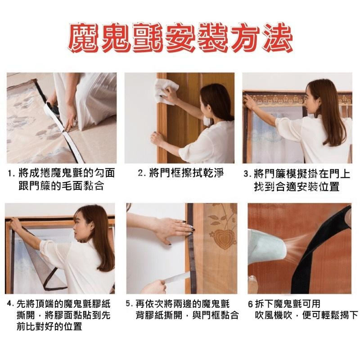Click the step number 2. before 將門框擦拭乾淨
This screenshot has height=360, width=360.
pos(142,173)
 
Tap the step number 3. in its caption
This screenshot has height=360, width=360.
pos(247,174)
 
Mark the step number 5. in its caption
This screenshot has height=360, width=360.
pos(130,303)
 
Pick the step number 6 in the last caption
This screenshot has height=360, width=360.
pos(251,304)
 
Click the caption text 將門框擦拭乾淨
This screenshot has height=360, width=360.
pos(186,173)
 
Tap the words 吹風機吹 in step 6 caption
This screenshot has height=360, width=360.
pos(273,315)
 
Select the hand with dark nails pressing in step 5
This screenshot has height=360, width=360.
pos(175,229)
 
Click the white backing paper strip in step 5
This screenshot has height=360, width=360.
pos(177,277)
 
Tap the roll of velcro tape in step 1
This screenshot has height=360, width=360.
pos(52,108)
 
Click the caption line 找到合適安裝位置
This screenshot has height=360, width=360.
pos(297,186)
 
